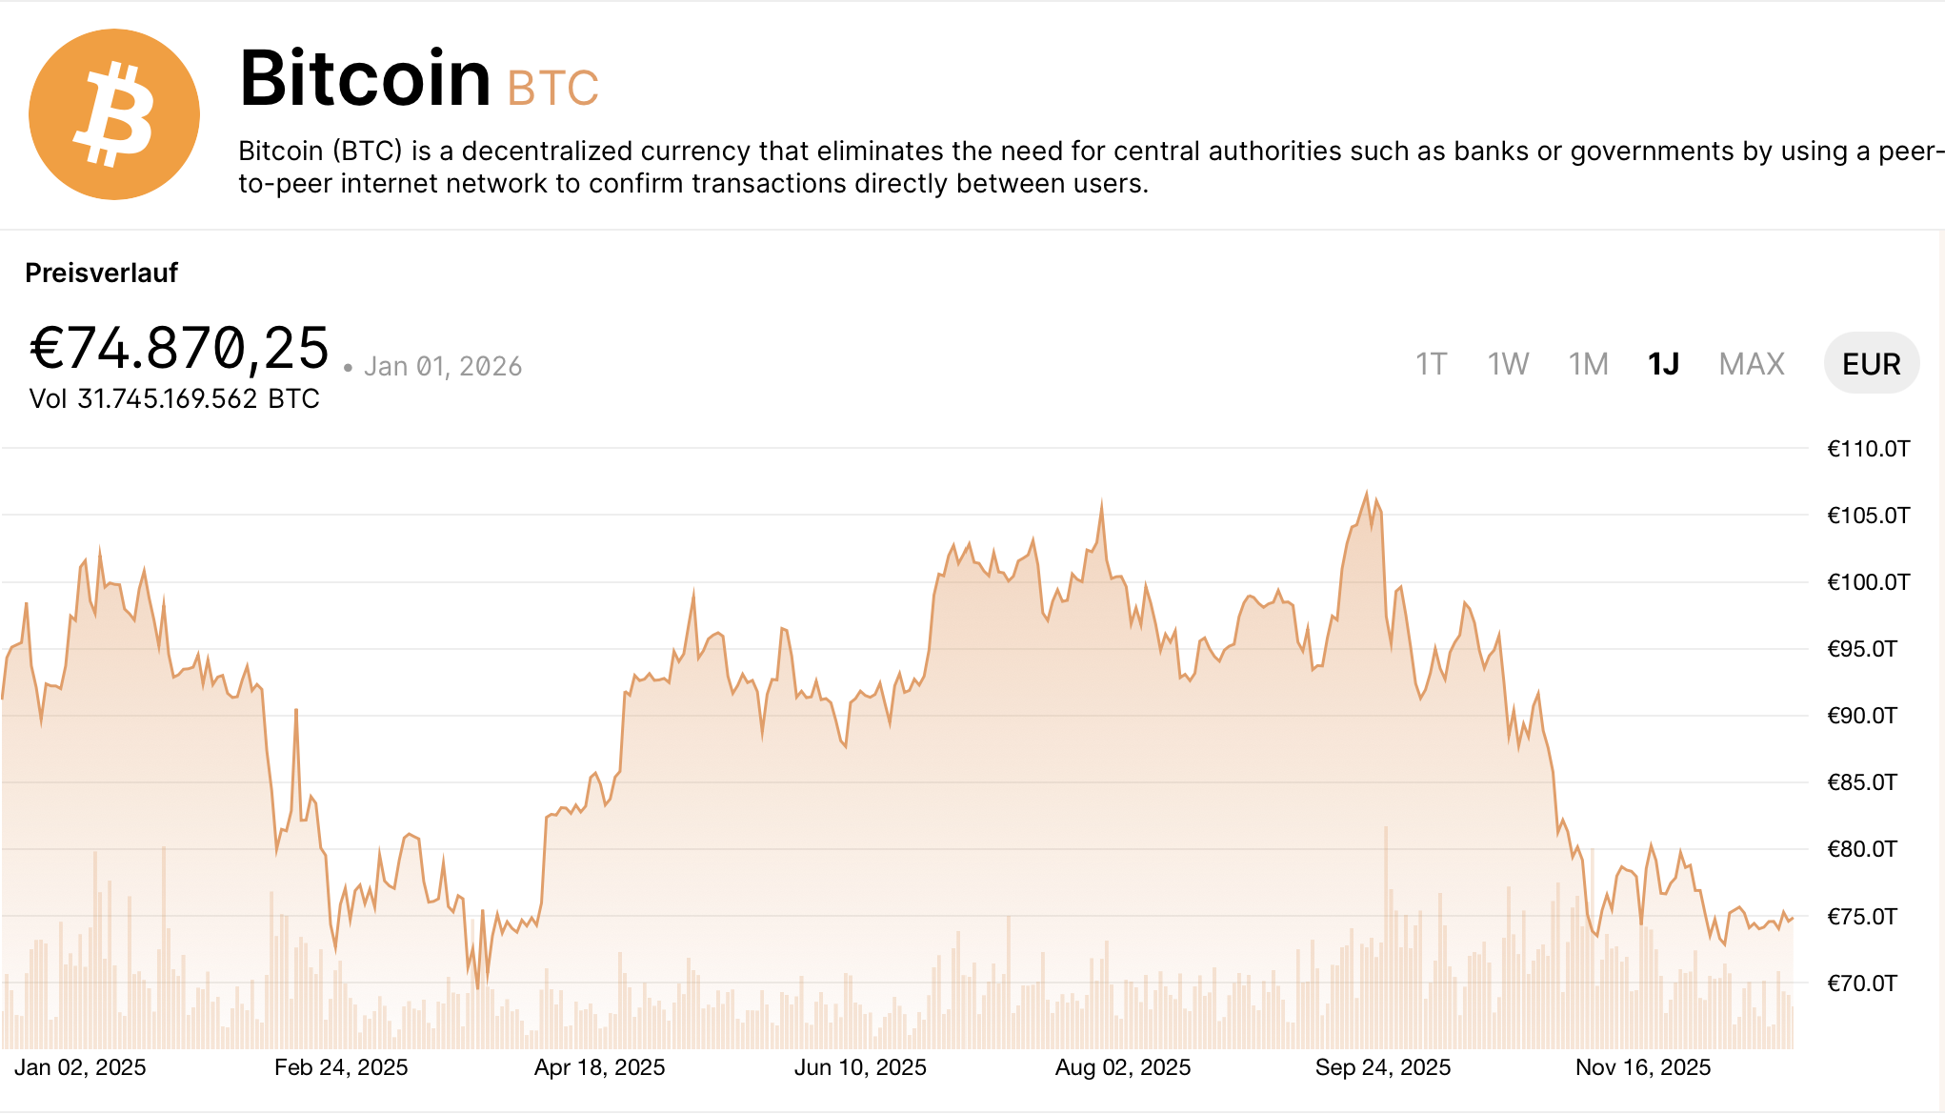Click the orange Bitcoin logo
[x=114, y=114]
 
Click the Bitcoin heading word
[x=365, y=78]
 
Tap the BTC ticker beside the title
[x=552, y=89]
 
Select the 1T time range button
[x=1431, y=364]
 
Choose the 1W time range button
[x=1508, y=364]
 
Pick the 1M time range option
[x=1588, y=364]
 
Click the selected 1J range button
[x=1663, y=364]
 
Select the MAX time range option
[x=1751, y=364]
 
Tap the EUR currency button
[x=1871, y=364]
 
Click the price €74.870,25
[x=179, y=349]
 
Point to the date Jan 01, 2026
[x=443, y=367]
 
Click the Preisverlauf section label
[x=101, y=274]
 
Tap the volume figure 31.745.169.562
[x=168, y=398]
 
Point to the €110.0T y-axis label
[x=1868, y=449]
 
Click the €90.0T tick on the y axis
[x=1862, y=716]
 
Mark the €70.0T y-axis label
[x=1862, y=983]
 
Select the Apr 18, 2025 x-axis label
[x=599, y=1067]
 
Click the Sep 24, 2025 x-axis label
[x=1382, y=1067]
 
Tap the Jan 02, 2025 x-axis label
[x=80, y=1067]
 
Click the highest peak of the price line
[x=1367, y=493]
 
